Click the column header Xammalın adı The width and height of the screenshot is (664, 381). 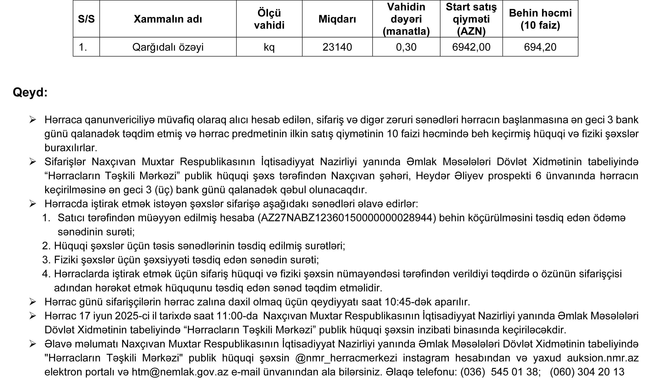point(168,19)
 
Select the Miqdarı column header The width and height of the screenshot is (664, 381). point(337,19)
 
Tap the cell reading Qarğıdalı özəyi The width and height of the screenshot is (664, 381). point(168,47)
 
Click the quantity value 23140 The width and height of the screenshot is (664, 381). point(337,47)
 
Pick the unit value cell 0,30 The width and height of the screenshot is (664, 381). point(406,47)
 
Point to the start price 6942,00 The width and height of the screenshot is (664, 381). point(471,47)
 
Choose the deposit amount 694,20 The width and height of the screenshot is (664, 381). point(540,47)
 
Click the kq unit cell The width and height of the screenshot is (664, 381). point(269,47)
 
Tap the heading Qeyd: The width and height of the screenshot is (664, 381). point(30,92)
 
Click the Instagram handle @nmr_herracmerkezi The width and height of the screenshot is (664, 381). point(346,358)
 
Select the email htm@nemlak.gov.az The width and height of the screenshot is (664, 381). point(180,372)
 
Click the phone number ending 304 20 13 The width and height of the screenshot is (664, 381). point(587,372)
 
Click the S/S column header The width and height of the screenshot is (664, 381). point(86,19)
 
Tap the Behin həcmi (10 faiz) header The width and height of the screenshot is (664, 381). point(540,19)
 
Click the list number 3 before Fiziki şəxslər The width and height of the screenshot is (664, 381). point(46,260)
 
